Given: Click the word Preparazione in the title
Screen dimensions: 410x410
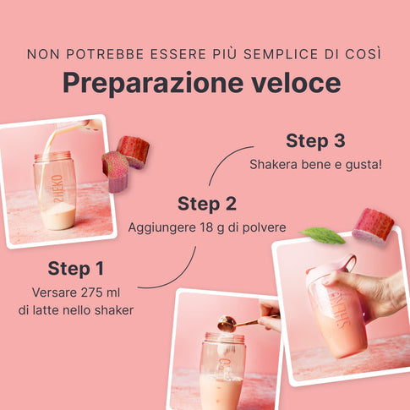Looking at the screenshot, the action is (153, 83).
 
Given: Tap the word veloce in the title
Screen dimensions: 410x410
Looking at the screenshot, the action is (296, 82).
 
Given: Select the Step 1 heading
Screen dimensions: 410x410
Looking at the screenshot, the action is (76, 268).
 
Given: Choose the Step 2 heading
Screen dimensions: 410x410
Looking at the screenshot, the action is (207, 204).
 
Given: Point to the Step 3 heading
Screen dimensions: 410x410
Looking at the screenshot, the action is (315, 140).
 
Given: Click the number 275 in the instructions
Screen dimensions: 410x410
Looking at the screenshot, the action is (84, 292).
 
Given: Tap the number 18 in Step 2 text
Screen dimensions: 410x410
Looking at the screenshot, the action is (206, 227).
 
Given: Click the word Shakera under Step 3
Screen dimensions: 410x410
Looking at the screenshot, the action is (273, 164).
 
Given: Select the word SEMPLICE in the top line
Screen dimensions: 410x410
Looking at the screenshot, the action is (281, 54).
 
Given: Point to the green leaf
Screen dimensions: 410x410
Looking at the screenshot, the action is (323, 235).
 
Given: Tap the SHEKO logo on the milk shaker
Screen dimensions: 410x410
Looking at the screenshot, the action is (58, 189).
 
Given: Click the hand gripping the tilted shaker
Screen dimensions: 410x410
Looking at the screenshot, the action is (366, 293).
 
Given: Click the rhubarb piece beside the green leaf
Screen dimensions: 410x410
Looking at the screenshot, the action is (374, 226).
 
